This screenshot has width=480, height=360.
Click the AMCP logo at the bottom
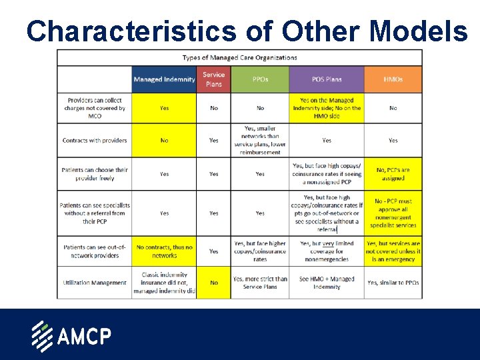71,336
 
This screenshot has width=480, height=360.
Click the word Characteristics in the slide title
131,31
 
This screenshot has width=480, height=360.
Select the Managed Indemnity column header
164,79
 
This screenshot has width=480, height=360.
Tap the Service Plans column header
213,79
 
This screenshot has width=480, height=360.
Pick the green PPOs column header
260,79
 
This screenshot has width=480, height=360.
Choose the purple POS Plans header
327,79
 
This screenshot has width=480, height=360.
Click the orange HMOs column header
393,79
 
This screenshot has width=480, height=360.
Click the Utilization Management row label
95,283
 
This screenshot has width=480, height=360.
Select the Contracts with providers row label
95,141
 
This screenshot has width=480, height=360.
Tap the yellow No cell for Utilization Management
213,283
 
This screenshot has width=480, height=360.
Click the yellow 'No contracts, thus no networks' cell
164,251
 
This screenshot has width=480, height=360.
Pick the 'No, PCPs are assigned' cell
393,174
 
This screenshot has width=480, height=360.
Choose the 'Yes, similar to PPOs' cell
393,283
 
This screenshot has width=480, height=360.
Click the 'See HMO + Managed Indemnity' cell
327,283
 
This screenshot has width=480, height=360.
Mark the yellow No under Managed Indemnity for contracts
164,141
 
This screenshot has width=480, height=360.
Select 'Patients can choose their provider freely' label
95,174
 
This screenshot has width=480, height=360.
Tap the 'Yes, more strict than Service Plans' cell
260,283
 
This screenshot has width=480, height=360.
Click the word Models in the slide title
419,31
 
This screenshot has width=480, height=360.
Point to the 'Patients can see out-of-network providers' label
95,251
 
